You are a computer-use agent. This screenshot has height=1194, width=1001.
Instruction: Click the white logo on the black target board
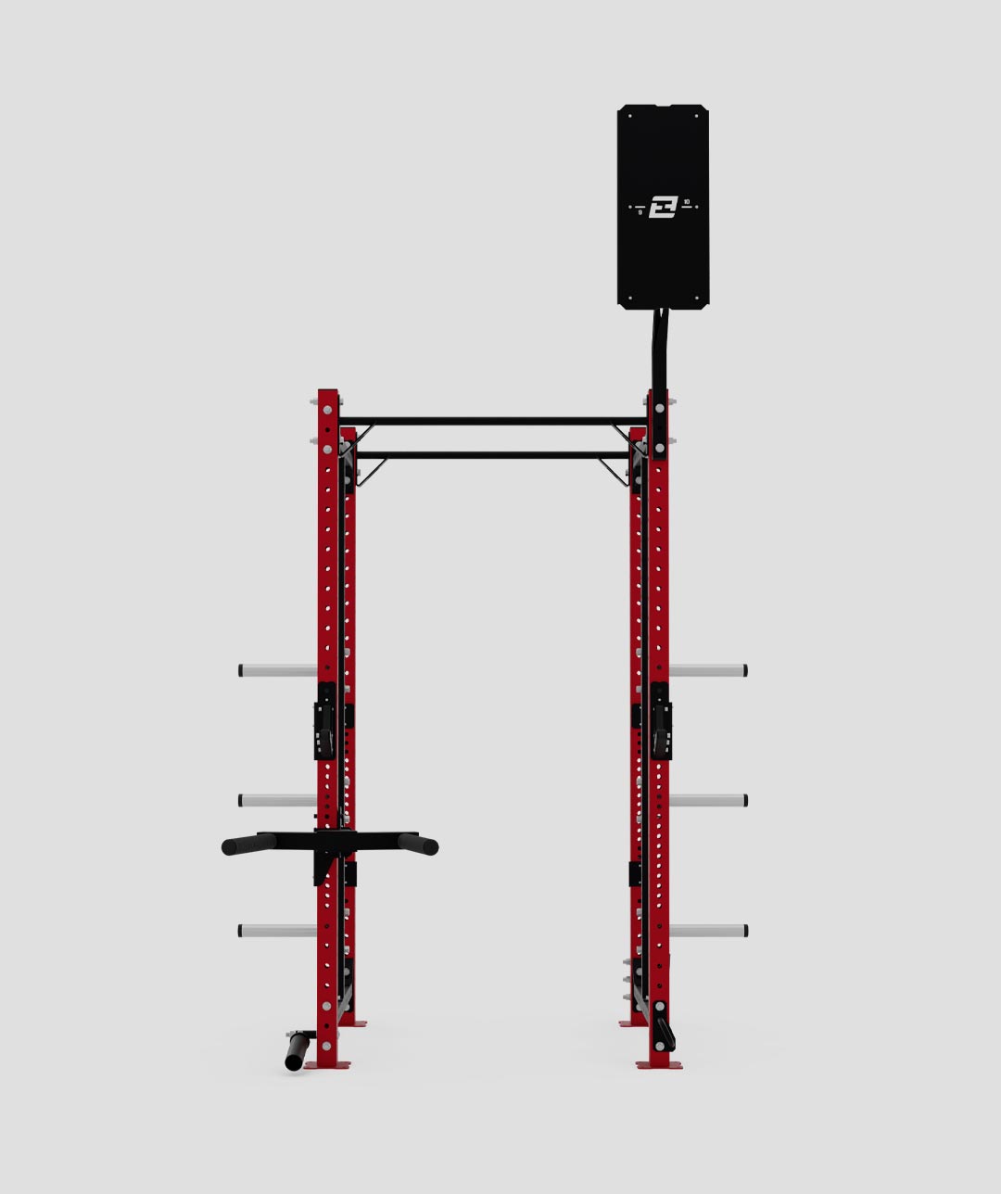tap(663, 207)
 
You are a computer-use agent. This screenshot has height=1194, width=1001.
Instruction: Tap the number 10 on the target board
tap(687, 201)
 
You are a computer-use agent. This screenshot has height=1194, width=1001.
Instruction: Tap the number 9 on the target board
tap(640, 212)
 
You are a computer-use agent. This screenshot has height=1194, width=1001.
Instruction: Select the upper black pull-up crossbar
tap(491, 421)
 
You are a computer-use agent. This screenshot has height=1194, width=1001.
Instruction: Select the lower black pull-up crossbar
tap(491, 455)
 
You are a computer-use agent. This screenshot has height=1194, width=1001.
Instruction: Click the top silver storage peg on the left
tap(277, 670)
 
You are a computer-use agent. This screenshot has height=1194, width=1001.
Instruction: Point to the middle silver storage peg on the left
tap(277, 800)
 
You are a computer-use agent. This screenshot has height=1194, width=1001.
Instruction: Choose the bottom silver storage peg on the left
tap(277, 931)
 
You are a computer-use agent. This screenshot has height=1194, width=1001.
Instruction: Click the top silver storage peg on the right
tap(708, 670)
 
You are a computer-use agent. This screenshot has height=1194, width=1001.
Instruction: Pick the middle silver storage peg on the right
tap(708, 800)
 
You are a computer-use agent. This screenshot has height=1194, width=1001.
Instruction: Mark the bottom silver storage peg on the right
tap(708, 931)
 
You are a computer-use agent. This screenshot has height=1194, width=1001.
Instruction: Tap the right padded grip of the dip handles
tap(419, 845)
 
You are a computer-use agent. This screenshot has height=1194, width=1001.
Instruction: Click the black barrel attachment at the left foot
tap(297, 1051)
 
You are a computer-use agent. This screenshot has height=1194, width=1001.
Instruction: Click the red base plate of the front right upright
tap(659, 1065)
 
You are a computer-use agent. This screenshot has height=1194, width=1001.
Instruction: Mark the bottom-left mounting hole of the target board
tap(630, 298)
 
